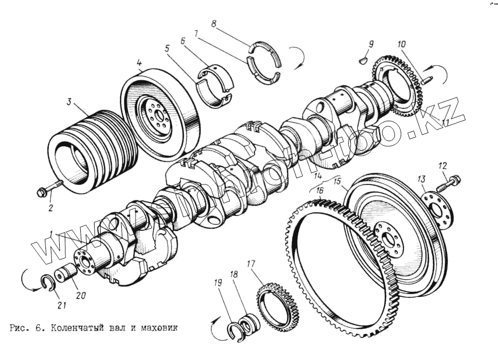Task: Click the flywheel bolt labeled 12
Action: tap(451, 181)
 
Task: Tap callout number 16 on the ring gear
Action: tap(320, 190)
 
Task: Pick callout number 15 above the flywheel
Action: tap(336, 181)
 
